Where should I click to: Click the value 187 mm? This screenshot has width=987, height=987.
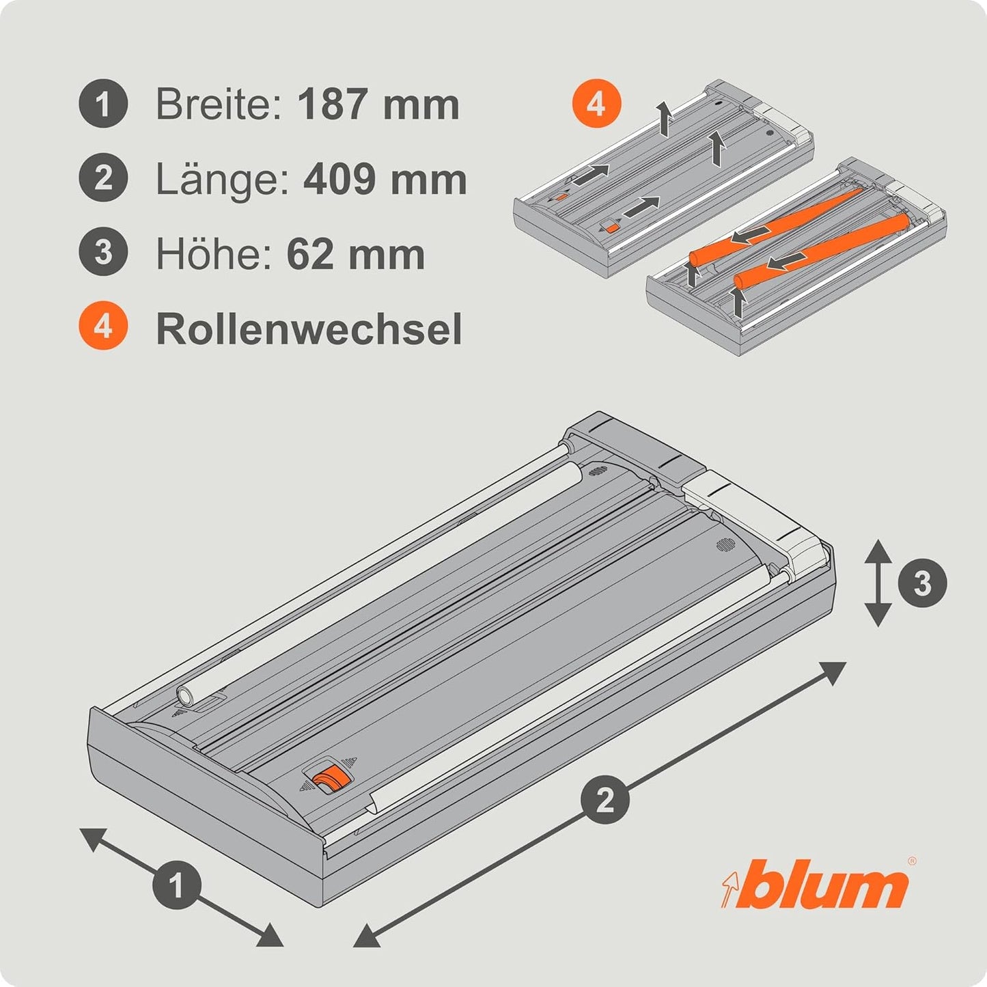pyautogui.click(x=378, y=104)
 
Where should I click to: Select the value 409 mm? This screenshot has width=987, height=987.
pyautogui.click(x=385, y=179)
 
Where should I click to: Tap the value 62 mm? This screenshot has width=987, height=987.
pyautogui.click(x=355, y=254)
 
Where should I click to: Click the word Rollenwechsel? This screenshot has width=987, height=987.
pyautogui.click(x=309, y=329)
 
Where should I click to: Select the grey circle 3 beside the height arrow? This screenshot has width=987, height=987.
pyautogui.click(x=922, y=583)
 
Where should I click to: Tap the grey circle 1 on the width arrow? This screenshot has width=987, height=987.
pyautogui.click(x=177, y=885)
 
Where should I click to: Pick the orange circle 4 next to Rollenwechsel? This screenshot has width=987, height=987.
pyautogui.click(x=103, y=326)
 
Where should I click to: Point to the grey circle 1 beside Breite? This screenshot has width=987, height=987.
pyautogui.click(x=103, y=103)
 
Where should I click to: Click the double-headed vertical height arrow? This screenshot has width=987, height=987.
pyautogui.click(x=878, y=583)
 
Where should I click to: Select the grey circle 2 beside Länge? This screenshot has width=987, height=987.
pyautogui.click(x=103, y=177)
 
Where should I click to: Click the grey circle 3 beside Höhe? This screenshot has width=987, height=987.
pyautogui.click(x=103, y=251)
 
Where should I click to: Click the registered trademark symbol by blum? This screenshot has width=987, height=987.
pyautogui.click(x=912, y=861)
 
